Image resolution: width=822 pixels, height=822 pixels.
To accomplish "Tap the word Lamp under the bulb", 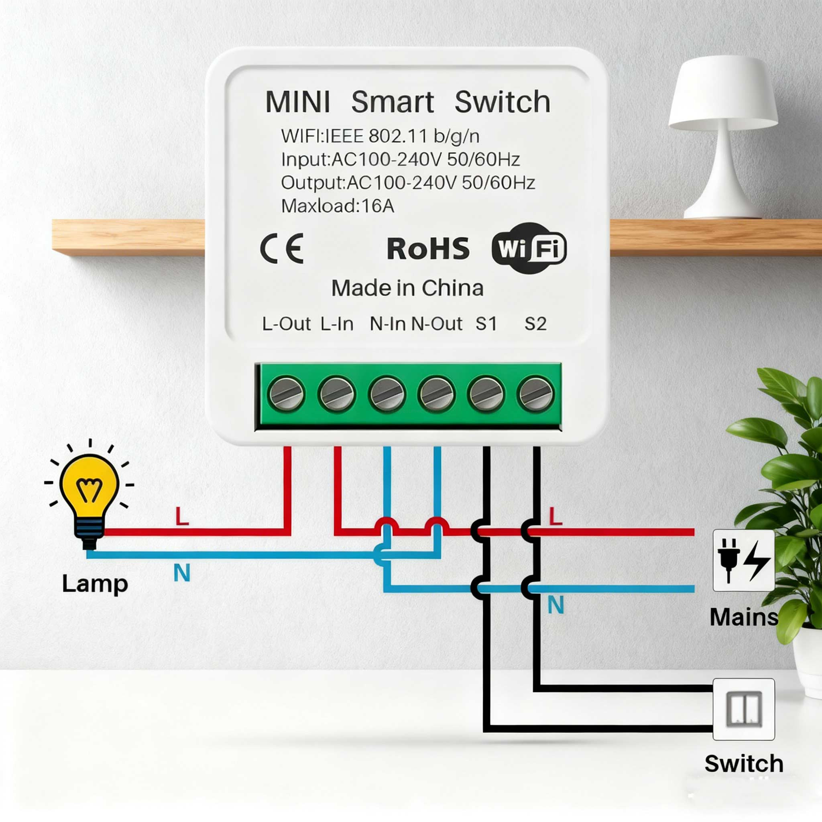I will [x=94, y=583].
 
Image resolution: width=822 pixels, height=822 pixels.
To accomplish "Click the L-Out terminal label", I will [x=286, y=324].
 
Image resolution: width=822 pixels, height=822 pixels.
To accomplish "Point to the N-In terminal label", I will [x=387, y=324].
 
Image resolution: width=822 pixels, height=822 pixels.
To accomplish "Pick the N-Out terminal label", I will [x=437, y=324].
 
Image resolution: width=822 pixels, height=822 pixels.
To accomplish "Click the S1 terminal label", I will [x=486, y=324].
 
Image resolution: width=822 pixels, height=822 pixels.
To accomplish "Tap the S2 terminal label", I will [x=535, y=324].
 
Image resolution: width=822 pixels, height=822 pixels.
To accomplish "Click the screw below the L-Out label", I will [x=286, y=394].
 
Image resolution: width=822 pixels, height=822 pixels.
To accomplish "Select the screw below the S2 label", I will [x=536, y=394].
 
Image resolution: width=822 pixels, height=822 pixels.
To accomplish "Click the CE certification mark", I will [x=282, y=248].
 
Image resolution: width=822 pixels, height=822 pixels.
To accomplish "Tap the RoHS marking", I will [x=428, y=249].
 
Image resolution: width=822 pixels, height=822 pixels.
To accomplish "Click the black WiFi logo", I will [x=529, y=248].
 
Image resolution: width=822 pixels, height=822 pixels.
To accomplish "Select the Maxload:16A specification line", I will [x=338, y=206].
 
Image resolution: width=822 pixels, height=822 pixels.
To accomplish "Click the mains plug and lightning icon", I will [x=743, y=560].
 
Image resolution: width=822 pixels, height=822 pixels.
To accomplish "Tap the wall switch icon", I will [x=743, y=709].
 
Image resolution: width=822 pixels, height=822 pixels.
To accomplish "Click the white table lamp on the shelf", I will [x=723, y=136].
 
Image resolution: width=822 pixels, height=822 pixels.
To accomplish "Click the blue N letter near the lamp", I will [x=182, y=573].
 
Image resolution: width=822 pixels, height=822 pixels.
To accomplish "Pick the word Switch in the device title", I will [x=503, y=102].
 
